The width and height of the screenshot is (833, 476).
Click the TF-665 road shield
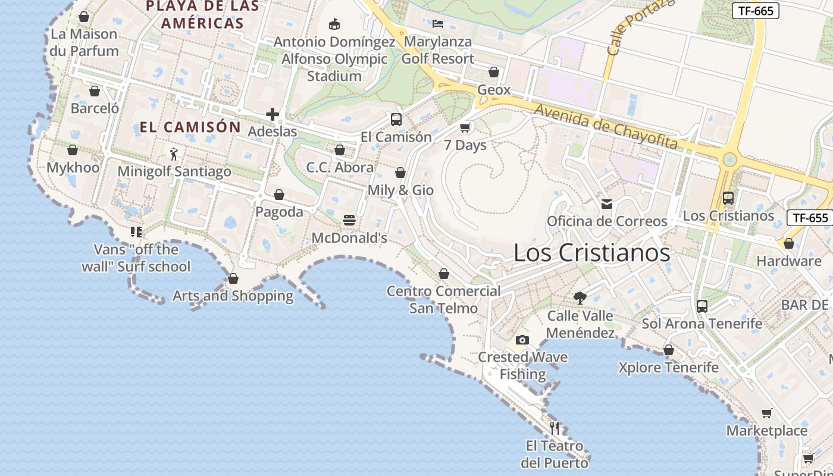[x=755, y=11]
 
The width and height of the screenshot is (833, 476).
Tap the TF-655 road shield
[x=810, y=218]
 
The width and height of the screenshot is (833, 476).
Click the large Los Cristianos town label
[x=591, y=253]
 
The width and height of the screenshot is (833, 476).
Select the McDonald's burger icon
[x=349, y=220]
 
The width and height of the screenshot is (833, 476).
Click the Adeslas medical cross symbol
[x=273, y=114]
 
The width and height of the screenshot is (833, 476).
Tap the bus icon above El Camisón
[x=396, y=119]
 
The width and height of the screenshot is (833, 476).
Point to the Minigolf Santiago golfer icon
[x=174, y=154]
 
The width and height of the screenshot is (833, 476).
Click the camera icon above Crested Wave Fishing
[x=522, y=340]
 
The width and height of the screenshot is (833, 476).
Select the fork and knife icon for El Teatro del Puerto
[x=555, y=428]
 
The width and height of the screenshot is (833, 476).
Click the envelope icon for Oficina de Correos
[x=607, y=204]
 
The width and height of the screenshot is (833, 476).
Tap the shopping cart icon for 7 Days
[x=465, y=127]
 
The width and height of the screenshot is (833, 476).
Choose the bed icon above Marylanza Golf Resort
[x=438, y=24]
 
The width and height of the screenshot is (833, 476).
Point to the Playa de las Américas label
[x=203, y=14]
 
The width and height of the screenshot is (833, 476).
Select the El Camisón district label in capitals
[x=190, y=127]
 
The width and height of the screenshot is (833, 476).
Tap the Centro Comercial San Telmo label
[x=444, y=299]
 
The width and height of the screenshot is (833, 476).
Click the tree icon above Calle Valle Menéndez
[x=580, y=297]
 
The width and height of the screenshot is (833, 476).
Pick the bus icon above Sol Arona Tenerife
[x=702, y=306]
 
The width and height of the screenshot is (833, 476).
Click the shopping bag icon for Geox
[x=494, y=72]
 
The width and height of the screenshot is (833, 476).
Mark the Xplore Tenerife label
[x=668, y=367]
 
